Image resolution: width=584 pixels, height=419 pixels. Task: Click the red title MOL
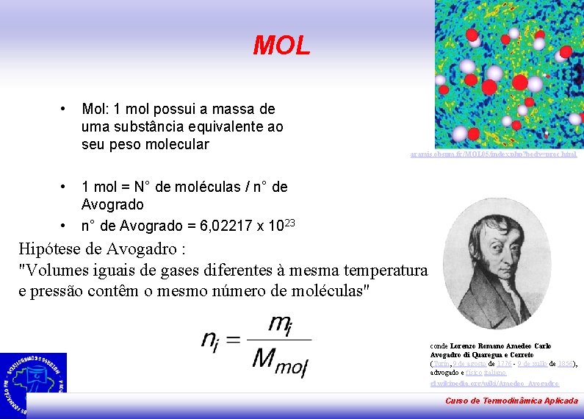click(x=281, y=46)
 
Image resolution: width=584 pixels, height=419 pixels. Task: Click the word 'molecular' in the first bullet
click(x=176, y=144)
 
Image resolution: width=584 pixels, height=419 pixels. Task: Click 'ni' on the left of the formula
click(x=211, y=339)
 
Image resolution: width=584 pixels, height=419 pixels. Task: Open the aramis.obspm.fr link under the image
click(x=494, y=154)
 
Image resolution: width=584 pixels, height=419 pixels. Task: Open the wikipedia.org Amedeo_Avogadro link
click(x=494, y=383)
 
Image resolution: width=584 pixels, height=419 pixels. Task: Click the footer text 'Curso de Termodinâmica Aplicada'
click(x=511, y=401)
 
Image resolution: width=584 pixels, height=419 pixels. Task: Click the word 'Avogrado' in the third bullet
click(x=112, y=204)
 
